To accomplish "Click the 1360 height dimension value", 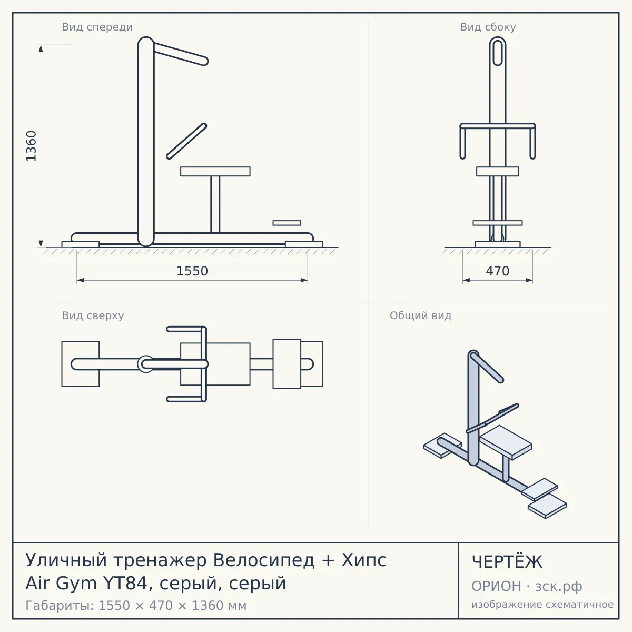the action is point(31,146).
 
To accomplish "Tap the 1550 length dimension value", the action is point(192,271).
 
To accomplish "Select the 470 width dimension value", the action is point(498,271).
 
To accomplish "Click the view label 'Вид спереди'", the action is point(97,27).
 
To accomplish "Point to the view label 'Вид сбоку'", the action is point(488,27).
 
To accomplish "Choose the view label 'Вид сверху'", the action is point(93,315).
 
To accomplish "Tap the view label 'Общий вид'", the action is point(420,315).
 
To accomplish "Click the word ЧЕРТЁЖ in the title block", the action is point(507,562).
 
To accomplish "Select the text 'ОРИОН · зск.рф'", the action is point(527,586).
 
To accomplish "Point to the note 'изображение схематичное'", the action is point(542,604).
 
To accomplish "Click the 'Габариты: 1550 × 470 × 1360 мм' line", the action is point(136,606).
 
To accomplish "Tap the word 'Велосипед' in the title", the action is point(264,560).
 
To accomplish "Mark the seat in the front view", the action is point(215,172).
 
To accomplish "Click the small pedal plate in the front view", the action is point(287,223).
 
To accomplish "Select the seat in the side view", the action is point(498,172).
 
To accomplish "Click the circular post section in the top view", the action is point(145,364).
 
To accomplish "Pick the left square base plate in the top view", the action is point(81,364).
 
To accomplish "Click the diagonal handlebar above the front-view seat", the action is point(186,141).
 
